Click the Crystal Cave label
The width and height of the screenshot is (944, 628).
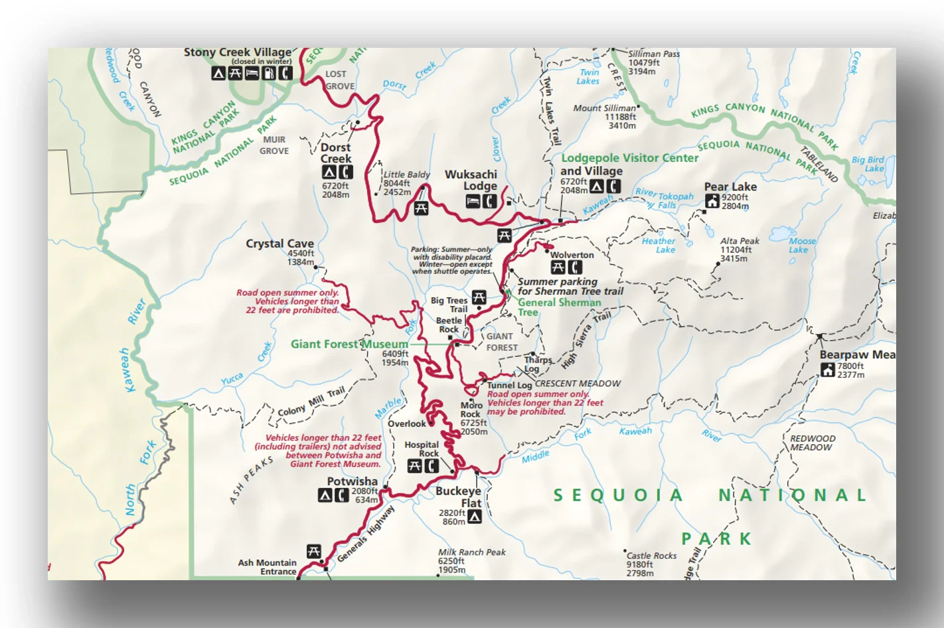279,244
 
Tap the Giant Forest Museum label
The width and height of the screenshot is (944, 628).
349,344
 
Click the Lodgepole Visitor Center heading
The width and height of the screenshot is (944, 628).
629,158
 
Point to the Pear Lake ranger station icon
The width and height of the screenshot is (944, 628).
712,200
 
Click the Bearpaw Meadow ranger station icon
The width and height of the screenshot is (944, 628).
828,370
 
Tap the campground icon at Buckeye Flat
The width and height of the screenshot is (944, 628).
475,517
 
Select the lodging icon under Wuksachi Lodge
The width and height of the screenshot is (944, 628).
473,201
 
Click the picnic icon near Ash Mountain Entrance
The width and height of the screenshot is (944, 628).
314,551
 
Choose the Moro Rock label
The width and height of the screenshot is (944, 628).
471,410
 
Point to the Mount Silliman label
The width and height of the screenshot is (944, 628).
604,108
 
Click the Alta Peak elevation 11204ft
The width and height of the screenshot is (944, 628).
736,250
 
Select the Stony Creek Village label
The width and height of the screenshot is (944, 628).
237,52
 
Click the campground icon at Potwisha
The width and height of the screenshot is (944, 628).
325,495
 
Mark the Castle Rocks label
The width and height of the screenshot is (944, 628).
651,556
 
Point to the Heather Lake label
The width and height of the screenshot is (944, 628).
659,245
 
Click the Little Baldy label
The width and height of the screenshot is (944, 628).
406,175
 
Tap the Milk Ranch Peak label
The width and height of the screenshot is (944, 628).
471,552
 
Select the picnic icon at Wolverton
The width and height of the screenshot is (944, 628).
558,268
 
